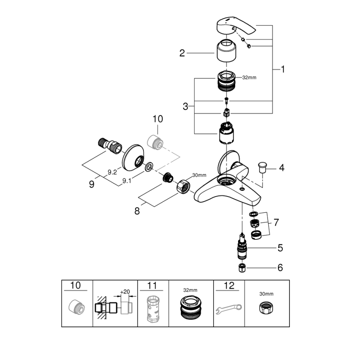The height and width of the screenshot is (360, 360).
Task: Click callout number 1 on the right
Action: tap(282, 70)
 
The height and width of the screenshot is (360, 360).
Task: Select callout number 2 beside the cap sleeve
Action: tap(182, 53)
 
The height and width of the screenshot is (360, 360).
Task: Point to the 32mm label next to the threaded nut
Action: tap(248, 77)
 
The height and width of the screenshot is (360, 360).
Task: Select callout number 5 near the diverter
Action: tap(280, 248)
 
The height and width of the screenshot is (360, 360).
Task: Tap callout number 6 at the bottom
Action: tap(280, 268)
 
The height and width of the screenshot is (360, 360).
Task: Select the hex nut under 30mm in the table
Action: tap(267, 308)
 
